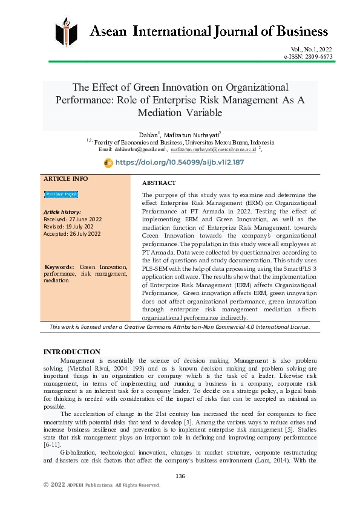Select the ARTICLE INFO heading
(66, 179)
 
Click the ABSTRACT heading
(159, 183)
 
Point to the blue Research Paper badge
(61, 194)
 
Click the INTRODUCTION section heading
(72, 352)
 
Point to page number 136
(180, 476)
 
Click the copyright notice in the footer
(102, 485)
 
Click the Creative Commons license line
(180, 327)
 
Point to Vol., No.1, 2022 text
(311, 50)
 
